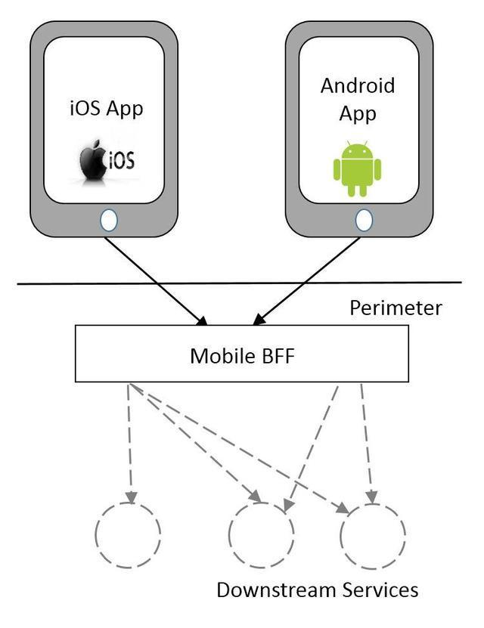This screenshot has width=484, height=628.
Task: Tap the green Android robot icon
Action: (357, 169)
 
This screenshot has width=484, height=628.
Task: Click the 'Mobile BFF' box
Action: (241, 354)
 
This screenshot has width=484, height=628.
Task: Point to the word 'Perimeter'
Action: (396, 308)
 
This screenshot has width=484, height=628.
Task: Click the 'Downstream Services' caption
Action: (317, 589)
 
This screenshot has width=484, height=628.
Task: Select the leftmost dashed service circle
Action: (128, 533)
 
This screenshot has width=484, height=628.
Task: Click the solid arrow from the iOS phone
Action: (154, 279)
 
